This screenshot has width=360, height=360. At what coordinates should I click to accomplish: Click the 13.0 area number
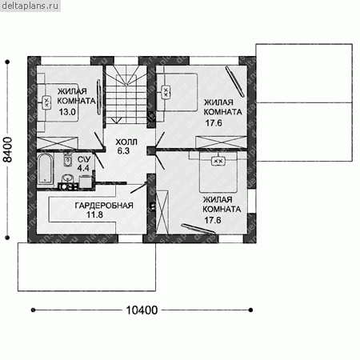(67, 112)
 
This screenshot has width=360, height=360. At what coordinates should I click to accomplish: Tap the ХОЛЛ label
(126, 142)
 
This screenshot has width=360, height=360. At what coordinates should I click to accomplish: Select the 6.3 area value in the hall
(123, 151)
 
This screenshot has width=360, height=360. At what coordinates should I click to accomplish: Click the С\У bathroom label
(84, 159)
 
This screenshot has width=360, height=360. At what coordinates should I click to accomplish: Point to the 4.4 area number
(83, 168)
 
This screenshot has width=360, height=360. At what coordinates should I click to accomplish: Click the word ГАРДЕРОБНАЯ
(104, 206)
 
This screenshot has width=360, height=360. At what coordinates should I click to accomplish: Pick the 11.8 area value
(94, 214)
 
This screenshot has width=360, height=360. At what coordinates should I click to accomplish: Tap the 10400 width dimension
(142, 310)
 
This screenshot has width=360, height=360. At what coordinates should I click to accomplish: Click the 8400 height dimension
(8, 150)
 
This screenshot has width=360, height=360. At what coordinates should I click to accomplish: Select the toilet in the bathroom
(68, 160)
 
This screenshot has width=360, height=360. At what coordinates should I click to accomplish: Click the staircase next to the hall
(126, 95)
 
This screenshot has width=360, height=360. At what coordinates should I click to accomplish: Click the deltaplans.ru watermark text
(30, 6)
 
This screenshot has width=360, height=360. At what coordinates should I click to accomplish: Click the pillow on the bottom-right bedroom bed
(218, 161)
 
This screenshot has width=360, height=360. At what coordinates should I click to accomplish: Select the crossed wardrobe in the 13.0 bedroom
(57, 143)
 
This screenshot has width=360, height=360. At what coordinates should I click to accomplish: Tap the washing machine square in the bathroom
(86, 182)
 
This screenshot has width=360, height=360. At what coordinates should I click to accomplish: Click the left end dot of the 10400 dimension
(33, 310)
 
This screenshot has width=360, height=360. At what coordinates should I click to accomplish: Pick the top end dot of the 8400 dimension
(7, 62)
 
